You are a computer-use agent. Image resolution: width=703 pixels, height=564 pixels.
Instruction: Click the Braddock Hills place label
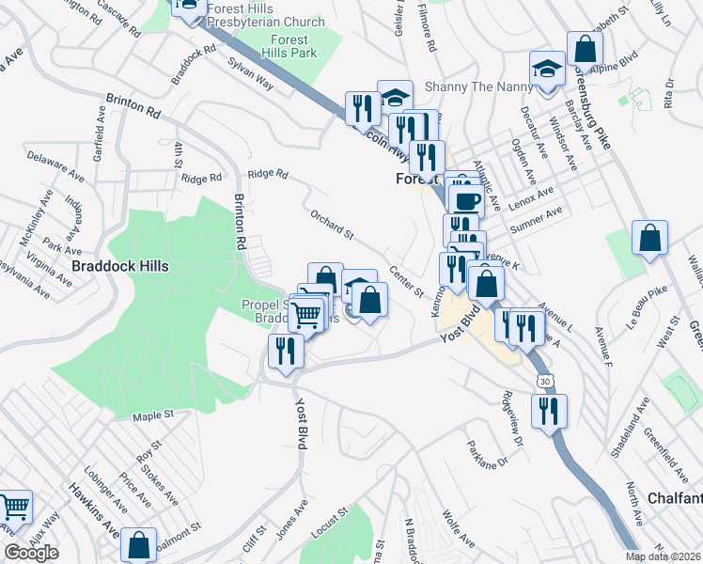120,266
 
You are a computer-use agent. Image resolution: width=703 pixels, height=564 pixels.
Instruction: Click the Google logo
31,553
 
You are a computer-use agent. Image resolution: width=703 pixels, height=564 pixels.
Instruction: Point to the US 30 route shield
545,381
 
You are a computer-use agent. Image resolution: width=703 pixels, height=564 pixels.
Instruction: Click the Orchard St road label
331,224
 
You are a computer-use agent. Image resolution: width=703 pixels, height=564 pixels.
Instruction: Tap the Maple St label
154,415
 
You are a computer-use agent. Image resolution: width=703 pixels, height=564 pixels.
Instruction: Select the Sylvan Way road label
251,73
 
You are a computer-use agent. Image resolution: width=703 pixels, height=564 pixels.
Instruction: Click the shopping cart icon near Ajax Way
14,509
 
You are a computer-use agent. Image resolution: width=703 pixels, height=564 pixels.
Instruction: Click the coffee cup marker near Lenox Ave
466,200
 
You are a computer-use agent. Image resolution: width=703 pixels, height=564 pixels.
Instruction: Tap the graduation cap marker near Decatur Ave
547,69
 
